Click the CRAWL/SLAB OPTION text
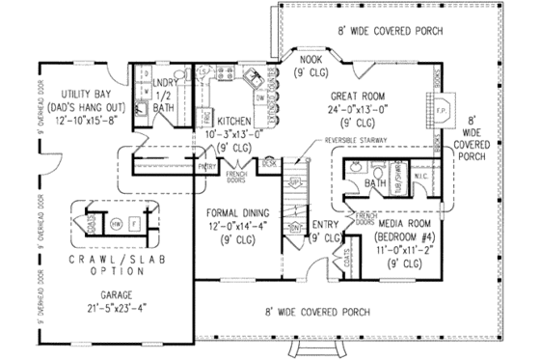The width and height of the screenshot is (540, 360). (112, 267)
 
